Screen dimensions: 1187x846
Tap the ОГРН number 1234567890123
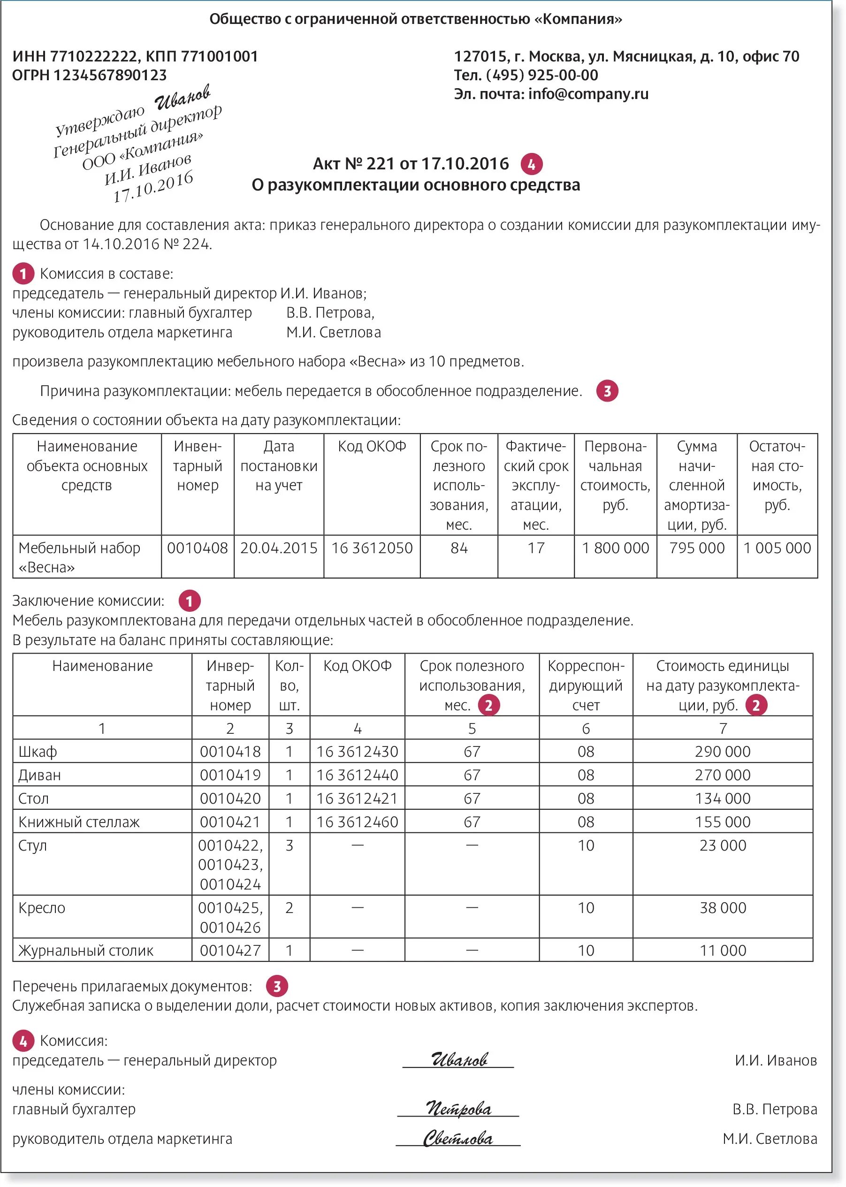tap(110, 75)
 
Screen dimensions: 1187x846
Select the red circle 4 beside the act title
tap(531, 165)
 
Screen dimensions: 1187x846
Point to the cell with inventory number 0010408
tap(198, 548)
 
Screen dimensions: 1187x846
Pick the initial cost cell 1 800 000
tap(615, 548)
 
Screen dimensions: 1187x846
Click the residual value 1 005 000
tap(777, 548)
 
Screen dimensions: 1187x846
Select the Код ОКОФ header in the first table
tap(372, 446)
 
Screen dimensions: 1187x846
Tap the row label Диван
tap(39, 775)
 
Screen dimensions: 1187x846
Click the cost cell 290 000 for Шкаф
tap(723, 752)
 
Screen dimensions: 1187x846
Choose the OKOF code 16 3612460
tap(358, 822)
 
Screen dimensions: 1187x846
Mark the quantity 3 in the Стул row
tap(289, 845)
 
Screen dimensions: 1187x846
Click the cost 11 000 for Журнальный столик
tap(723, 951)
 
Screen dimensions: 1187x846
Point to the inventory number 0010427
tap(230, 951)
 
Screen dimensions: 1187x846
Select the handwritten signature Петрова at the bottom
tap(458, 1108)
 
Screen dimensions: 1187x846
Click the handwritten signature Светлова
tap(458, 1138)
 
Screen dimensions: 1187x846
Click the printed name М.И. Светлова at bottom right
tap(770, 1139)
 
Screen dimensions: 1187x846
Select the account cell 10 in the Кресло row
tap(586, 908)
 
